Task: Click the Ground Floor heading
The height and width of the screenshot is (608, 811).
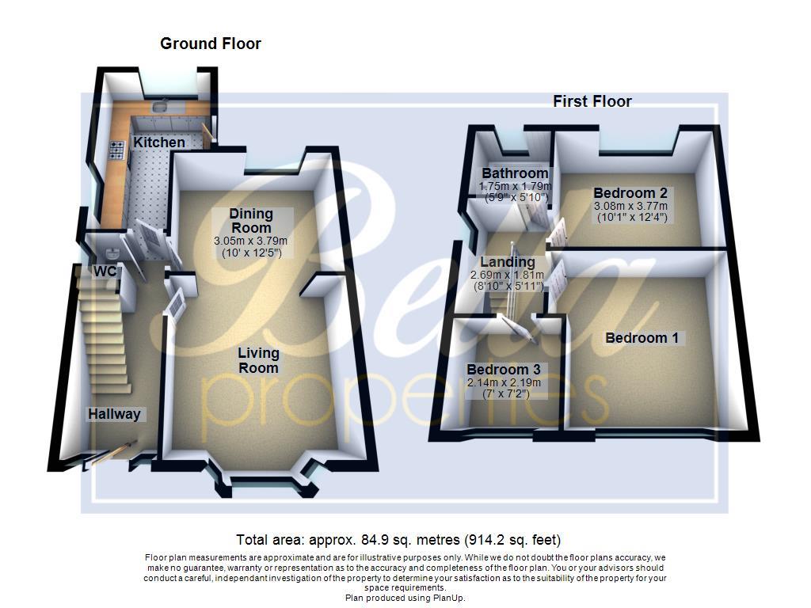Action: [x=211, y=44]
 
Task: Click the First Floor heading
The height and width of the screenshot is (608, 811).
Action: [x=592, y=101]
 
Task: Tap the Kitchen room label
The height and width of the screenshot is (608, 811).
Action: [x=159, y=142]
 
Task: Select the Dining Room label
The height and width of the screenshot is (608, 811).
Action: [x=251, y=221]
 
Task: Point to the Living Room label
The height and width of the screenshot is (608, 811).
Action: [x=259, y=360]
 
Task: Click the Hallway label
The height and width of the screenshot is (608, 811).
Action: [x=115, y=414]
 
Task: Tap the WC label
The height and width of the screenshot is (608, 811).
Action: [x=105, y=272]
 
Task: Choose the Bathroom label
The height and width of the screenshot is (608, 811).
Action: [x=515, y=173]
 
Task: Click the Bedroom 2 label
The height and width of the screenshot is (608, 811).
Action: [x=630, y=193]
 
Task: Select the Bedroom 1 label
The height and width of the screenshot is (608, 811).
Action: [x=642, y=338]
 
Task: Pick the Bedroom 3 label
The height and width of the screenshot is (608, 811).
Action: [x=504, y=370]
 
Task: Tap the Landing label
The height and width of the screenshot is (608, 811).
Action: [x=508, y=262]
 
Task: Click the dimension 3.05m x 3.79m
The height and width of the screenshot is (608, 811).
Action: [x=250, y=241]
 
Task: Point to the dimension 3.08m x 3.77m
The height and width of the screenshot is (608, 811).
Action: [x=630, y=206]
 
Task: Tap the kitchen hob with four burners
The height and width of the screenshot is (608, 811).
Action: [x=116, y=149]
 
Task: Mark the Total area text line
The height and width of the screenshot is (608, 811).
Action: [x=399, y=541]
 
